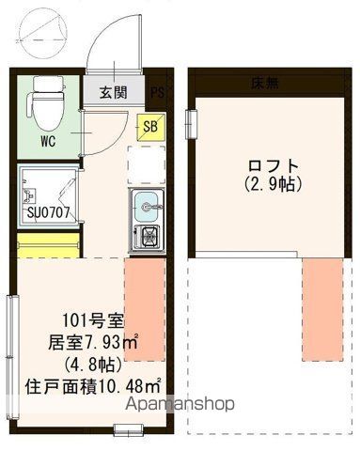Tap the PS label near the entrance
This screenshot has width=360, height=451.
click(157, 92)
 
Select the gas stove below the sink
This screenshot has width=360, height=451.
click(147, 236)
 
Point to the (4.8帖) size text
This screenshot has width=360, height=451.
click(86, 364)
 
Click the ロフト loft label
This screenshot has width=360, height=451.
click(273, 162)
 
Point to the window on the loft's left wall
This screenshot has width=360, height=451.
click(191, 123)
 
